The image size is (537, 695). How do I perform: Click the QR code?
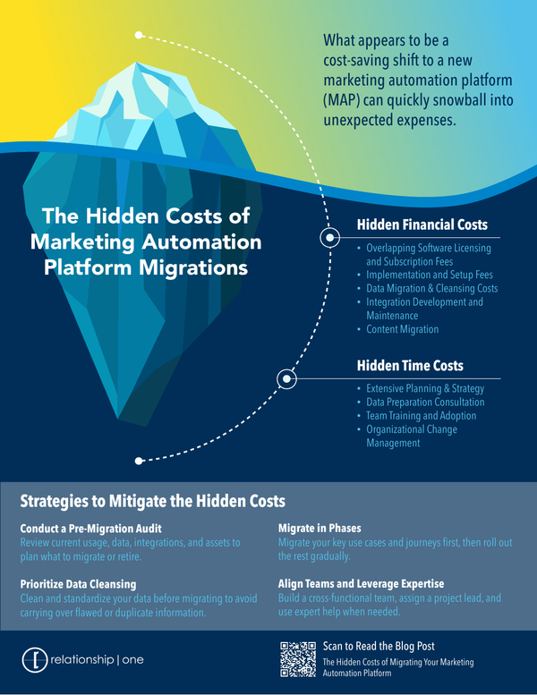coord(297,659)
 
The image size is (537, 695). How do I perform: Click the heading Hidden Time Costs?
coord(410,366)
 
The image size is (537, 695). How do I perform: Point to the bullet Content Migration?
coord(404,329)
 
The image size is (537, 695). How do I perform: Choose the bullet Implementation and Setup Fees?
coord(430,275)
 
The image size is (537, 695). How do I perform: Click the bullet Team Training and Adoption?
coord(422,415)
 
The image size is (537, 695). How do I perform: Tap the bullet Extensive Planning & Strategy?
coord(425,388)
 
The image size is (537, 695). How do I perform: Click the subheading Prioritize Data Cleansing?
coord(79,584)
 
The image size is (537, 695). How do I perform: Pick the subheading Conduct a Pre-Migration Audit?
coord(90,529)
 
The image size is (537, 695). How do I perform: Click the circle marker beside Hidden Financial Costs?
coord(328,237)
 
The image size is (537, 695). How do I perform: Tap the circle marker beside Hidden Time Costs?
coord(286,378)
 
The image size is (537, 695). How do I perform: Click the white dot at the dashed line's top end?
coord(139,35)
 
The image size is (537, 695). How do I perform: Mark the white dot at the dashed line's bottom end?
coord(139,462)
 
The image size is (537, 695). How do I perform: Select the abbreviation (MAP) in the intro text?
coord(343,99)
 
